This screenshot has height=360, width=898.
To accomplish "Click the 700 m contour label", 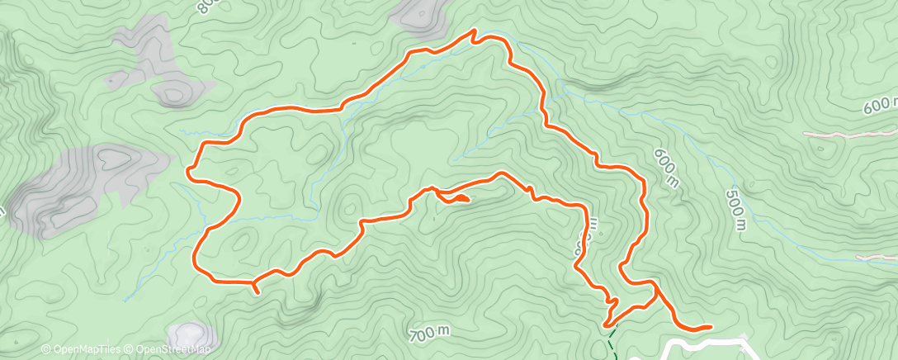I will click(x=429, y=333).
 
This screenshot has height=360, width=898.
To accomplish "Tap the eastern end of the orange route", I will click(x=710, y=327).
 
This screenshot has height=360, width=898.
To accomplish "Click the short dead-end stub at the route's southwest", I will click(x=256, y=290).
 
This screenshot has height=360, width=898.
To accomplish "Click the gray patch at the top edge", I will click(x=418, y=14).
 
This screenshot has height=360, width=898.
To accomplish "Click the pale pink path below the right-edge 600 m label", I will click(x=850, y=132).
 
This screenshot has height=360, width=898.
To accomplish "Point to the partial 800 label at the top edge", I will click(x=206, y=7).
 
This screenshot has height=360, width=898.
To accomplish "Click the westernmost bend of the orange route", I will click(x=190, y=171).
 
